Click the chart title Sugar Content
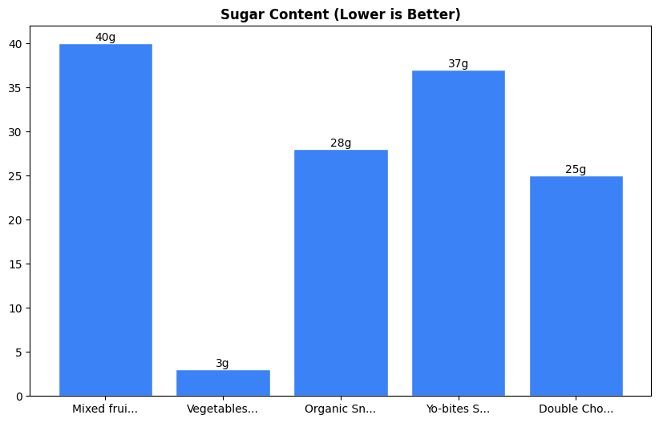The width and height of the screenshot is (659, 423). click(341, 14)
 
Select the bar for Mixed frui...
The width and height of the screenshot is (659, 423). click(105, 220)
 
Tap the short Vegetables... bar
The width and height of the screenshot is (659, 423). click(223, 383)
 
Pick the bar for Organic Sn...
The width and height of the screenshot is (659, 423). click(341, 272)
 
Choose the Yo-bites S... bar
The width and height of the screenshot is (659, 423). click(459, 233)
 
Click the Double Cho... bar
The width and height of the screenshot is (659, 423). click(576, 286)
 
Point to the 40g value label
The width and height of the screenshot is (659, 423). click(105, 37)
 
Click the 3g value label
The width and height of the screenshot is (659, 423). click(223, 363)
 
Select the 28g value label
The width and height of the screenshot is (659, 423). click(341, 143)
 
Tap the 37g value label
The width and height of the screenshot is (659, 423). click(459, 63)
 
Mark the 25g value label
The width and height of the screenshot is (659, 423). click(576, 169)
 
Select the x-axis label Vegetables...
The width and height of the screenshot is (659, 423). click(222, 409)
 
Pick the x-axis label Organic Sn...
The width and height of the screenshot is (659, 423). click(340, 409)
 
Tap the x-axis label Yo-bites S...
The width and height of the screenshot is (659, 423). click(458, 409)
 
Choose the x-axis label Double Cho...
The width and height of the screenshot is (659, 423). click(576, 409)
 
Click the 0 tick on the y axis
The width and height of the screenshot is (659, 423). click(19, 397)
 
